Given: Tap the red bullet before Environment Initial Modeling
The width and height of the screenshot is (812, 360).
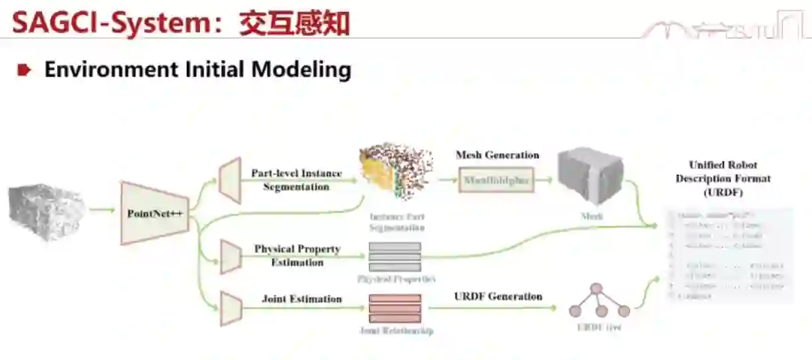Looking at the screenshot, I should coord(25,71).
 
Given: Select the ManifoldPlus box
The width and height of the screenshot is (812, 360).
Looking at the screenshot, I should coord(496,180).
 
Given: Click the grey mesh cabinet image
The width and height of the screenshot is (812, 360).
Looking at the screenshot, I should coord(590,177).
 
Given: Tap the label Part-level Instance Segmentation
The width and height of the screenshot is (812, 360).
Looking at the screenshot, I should coord(296,180).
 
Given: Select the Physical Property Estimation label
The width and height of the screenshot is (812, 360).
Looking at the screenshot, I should coord(296,256).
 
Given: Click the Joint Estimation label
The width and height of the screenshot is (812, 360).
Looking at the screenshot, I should coord(301,298).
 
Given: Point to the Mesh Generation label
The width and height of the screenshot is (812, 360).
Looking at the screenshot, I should coord(497,155).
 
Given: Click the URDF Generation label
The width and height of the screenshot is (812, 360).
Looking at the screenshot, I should coord(498,296).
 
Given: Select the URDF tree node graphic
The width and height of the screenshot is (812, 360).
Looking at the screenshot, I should coord(598,302).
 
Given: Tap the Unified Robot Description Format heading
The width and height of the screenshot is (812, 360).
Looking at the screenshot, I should coord(723,179).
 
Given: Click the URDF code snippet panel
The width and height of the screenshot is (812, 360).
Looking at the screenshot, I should coord(728,256).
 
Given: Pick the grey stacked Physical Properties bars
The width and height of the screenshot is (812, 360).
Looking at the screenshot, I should coord(395,256).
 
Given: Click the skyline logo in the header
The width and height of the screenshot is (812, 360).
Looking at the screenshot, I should coord(722,28).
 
